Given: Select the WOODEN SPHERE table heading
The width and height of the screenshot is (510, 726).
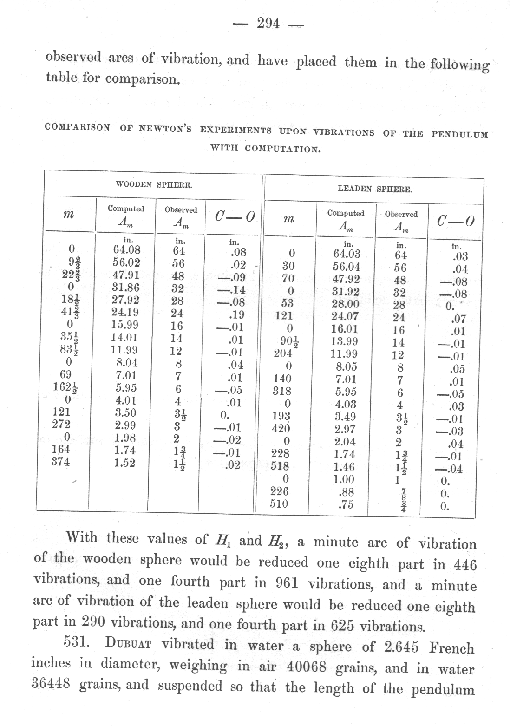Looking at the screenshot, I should click(154, 185).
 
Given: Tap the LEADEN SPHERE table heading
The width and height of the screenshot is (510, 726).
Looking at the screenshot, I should click(374, 189).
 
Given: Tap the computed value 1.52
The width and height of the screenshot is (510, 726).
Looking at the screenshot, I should click(125, 463).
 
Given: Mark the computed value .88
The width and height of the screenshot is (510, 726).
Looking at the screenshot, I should click(346, 491).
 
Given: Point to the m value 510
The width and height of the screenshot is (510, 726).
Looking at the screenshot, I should click(279, 504).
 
